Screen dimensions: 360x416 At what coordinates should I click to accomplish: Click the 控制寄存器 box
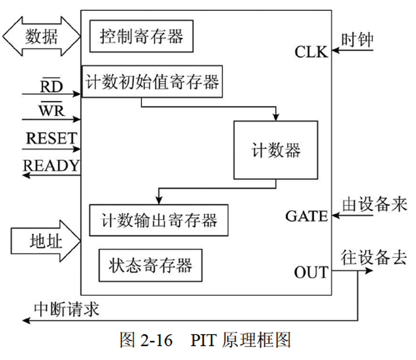[141, 36]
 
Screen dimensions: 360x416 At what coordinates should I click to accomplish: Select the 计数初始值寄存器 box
[152, 82]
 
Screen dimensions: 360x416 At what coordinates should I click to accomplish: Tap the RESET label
[51, 138]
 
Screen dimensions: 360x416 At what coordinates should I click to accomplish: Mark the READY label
[52, 165]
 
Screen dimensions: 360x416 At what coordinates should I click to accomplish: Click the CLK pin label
[311, 52]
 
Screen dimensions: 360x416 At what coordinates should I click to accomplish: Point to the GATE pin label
[306, 216]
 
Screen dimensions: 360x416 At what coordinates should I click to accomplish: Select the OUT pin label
[311, 272]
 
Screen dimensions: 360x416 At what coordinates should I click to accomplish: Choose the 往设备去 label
[373, 258]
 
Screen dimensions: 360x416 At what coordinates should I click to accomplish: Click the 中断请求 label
[66, 309]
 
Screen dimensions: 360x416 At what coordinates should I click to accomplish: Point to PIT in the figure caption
[206, 340]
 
